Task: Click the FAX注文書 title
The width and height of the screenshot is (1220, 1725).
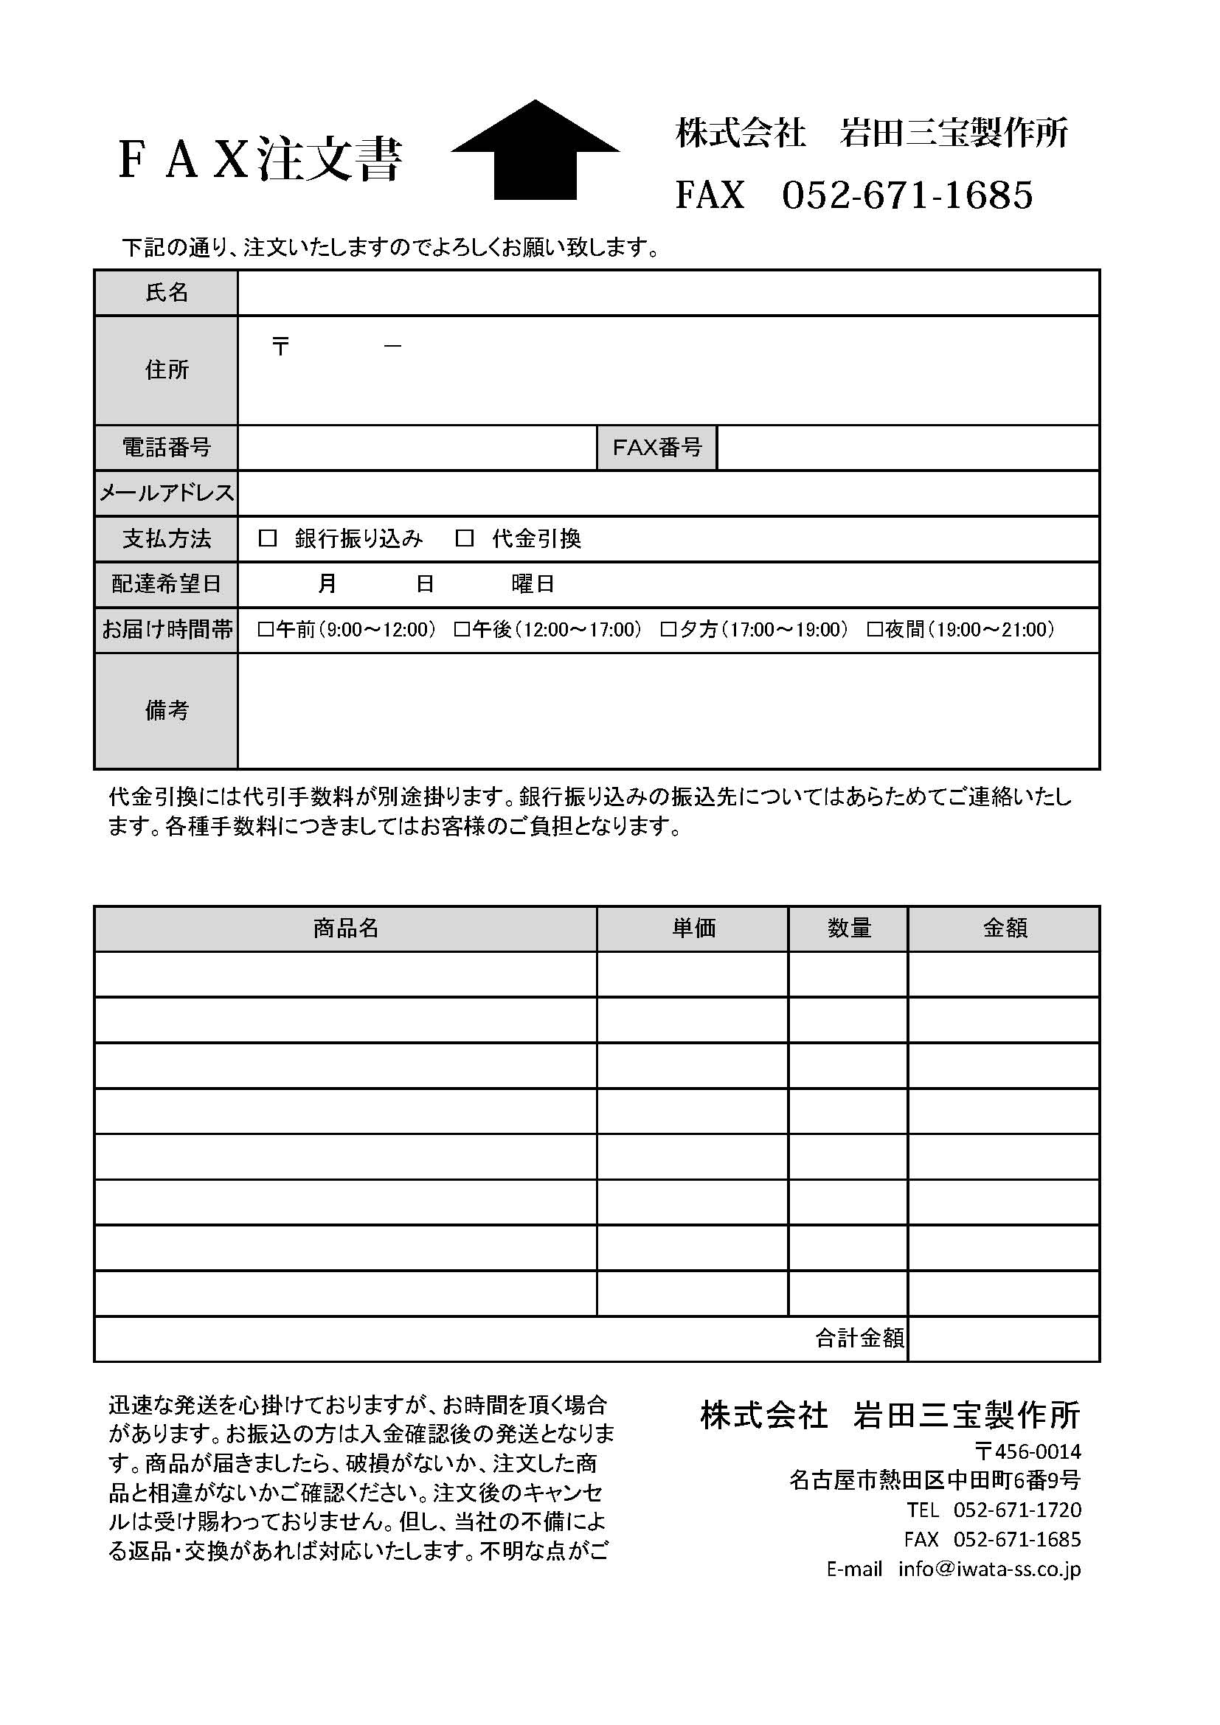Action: pos(260,159)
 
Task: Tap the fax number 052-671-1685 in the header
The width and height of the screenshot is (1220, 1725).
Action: pos(907,195)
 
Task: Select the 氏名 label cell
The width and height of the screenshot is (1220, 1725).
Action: pos(166,292)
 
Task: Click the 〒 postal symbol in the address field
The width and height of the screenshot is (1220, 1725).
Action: pos(281,347)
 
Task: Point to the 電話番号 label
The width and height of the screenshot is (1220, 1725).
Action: pos(166,448)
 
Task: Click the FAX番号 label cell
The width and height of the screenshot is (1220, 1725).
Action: pos(656,448)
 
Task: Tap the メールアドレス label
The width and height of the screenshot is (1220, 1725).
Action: pos(166,493)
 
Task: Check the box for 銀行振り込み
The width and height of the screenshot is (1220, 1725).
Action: pos(268,538)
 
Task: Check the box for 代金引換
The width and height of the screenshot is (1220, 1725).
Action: pos(464,538)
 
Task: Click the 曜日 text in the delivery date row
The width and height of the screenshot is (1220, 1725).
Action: pos(533,584)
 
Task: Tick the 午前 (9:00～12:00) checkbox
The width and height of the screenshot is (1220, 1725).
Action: pos(266,630)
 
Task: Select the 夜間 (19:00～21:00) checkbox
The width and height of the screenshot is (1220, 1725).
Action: pos(875,630)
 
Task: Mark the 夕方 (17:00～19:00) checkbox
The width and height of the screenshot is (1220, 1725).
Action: pos(668,630)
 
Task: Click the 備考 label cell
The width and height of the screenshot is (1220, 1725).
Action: pos(166,711)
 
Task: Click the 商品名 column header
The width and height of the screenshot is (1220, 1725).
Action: pos(345,929)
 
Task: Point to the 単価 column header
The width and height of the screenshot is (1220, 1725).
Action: pos(693,929)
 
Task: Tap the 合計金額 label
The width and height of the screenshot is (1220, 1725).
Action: pos(859,1338)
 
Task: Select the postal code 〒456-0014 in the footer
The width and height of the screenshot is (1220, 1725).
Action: pos(1027,1451)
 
